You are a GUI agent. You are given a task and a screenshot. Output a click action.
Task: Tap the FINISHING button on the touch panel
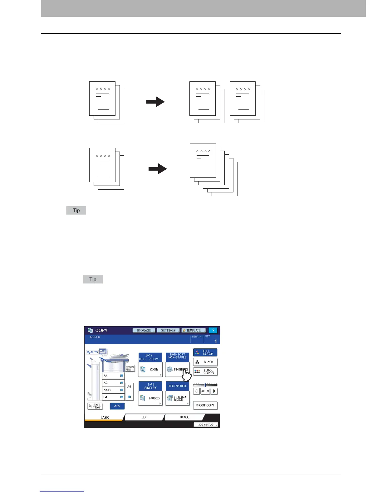pyautogui.click(x=177, y=369)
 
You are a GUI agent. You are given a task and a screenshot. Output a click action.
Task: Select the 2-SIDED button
pyautogui.click(x=150, y=398)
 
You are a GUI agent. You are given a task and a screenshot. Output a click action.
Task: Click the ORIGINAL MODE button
pyautogui.click(x=177, y=398)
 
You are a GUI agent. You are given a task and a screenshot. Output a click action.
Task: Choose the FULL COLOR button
pyautogui.click(x=205, y=353)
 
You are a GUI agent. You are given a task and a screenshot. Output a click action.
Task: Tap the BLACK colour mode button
pyautogui.click(x=205, y=362)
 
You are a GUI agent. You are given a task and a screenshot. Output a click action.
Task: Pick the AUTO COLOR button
pyautogui.click(x=205, y=371)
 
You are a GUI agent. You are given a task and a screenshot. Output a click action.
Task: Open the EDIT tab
pyautogui.click(x=144, y=417)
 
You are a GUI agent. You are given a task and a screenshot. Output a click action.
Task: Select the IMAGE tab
pyautogui.click(x=184, y=417)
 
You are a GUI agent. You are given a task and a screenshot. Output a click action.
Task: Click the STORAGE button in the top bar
pyautogui.click(x=144, y=331)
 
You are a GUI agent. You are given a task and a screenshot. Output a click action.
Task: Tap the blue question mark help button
pyautogui.click(x=213, y=331)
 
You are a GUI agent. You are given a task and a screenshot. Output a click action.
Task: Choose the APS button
pyautogui.click(x=117, y=406)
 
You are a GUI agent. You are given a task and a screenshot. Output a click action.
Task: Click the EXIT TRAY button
pyautogui.click(x=95, y=406)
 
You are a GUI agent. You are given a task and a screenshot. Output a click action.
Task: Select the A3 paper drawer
pyautogui.click(x=113, y=383)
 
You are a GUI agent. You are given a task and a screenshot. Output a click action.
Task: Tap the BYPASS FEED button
pyautogui.click(x=130, y=368)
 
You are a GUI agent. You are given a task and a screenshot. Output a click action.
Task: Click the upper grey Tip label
pyautogui.click(x=76, y=211)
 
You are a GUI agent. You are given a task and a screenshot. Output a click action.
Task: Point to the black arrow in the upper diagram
pyautogui.click(x=155, y=102)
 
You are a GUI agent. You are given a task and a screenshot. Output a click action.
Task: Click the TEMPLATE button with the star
pyautogui.click(x=193, y=331)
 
